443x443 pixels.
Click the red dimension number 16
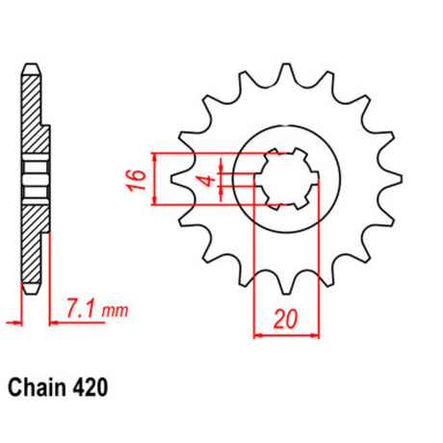tap(137, 180)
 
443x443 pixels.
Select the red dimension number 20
tap(286, 320)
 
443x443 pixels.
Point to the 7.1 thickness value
tap(81, 308)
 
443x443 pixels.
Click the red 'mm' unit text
tap(115, 311)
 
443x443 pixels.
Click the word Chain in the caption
tap(36, 387)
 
